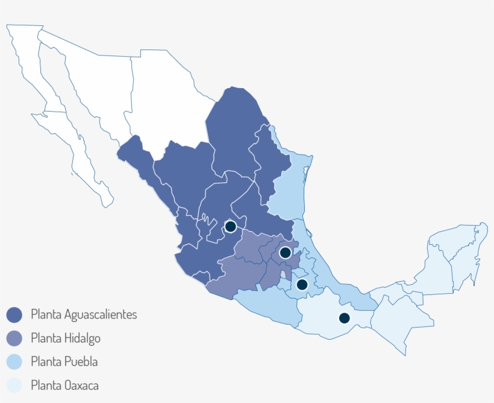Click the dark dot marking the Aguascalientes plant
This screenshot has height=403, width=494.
(230, 227)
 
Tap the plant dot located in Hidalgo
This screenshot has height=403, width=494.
(285, 252)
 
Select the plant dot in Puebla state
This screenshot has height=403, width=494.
(302, 284)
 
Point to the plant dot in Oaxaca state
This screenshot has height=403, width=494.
(345, 317)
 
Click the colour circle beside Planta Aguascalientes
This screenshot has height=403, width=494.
(14, 314)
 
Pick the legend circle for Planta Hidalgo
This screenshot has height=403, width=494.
(14, 338)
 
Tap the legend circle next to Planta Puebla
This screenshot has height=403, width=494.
(14, 361)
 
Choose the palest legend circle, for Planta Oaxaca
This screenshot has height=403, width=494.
(14, 385)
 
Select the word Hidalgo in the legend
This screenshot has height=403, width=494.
(81, 338)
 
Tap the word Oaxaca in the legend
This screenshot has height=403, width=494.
(81, 385)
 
